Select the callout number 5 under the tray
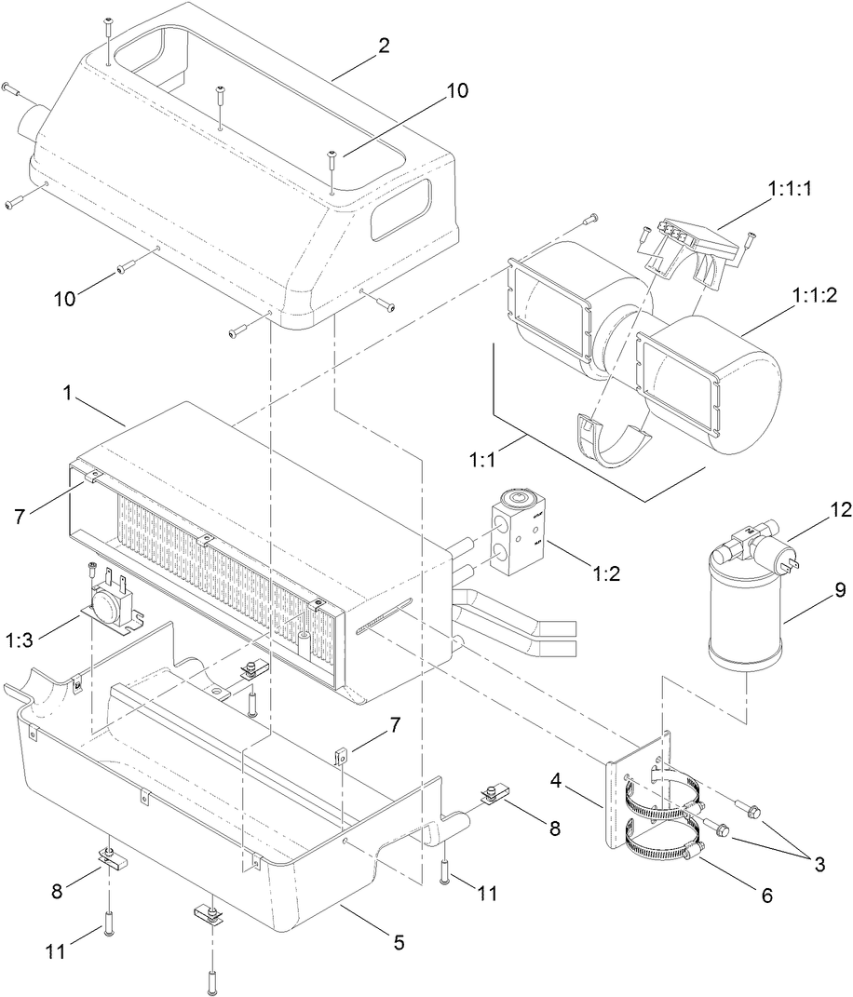(x=399, y=942)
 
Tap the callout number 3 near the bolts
(x=819, y=864)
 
